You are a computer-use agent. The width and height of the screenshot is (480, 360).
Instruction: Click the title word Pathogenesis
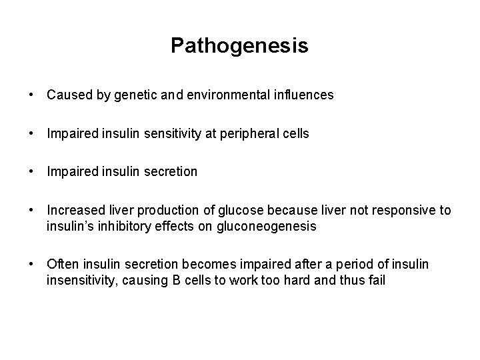coord(239,45)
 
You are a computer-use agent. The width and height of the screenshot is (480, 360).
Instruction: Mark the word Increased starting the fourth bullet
coord(73,211)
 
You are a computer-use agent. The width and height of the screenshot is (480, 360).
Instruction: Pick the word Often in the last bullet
coord(61,265)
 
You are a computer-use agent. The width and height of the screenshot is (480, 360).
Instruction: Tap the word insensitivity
coord(81,280)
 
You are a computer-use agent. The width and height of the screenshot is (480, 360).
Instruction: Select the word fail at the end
coord(375,280)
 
